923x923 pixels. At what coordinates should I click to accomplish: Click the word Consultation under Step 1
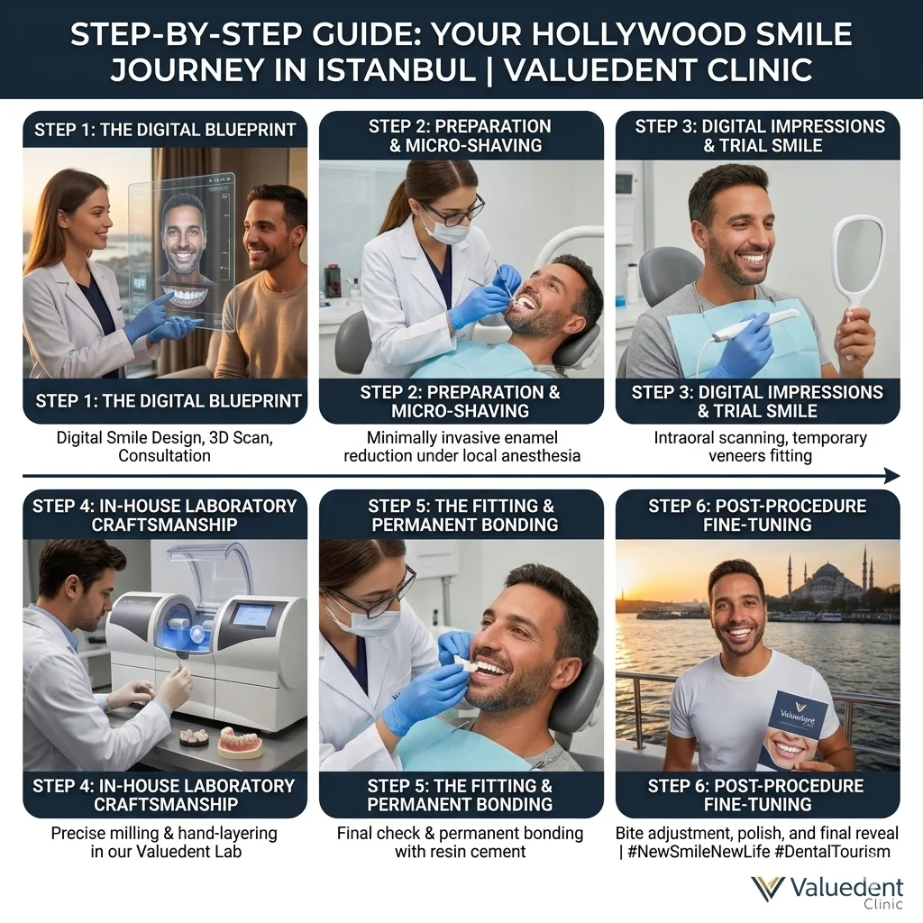click(x=164, y=455)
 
